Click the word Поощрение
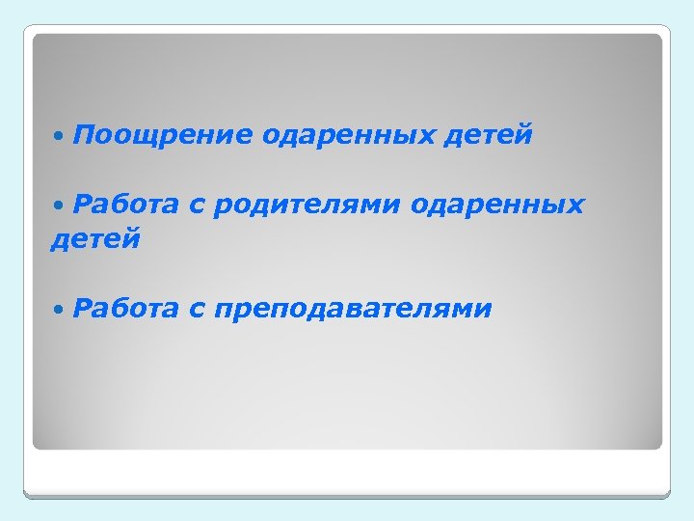point(160,135)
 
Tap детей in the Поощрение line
point(488,135)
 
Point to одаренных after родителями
point(498,206)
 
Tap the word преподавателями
point(354,311)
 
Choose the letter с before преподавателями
point(197,311)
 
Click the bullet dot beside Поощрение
point(61,137)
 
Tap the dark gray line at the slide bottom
point(347,495)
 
